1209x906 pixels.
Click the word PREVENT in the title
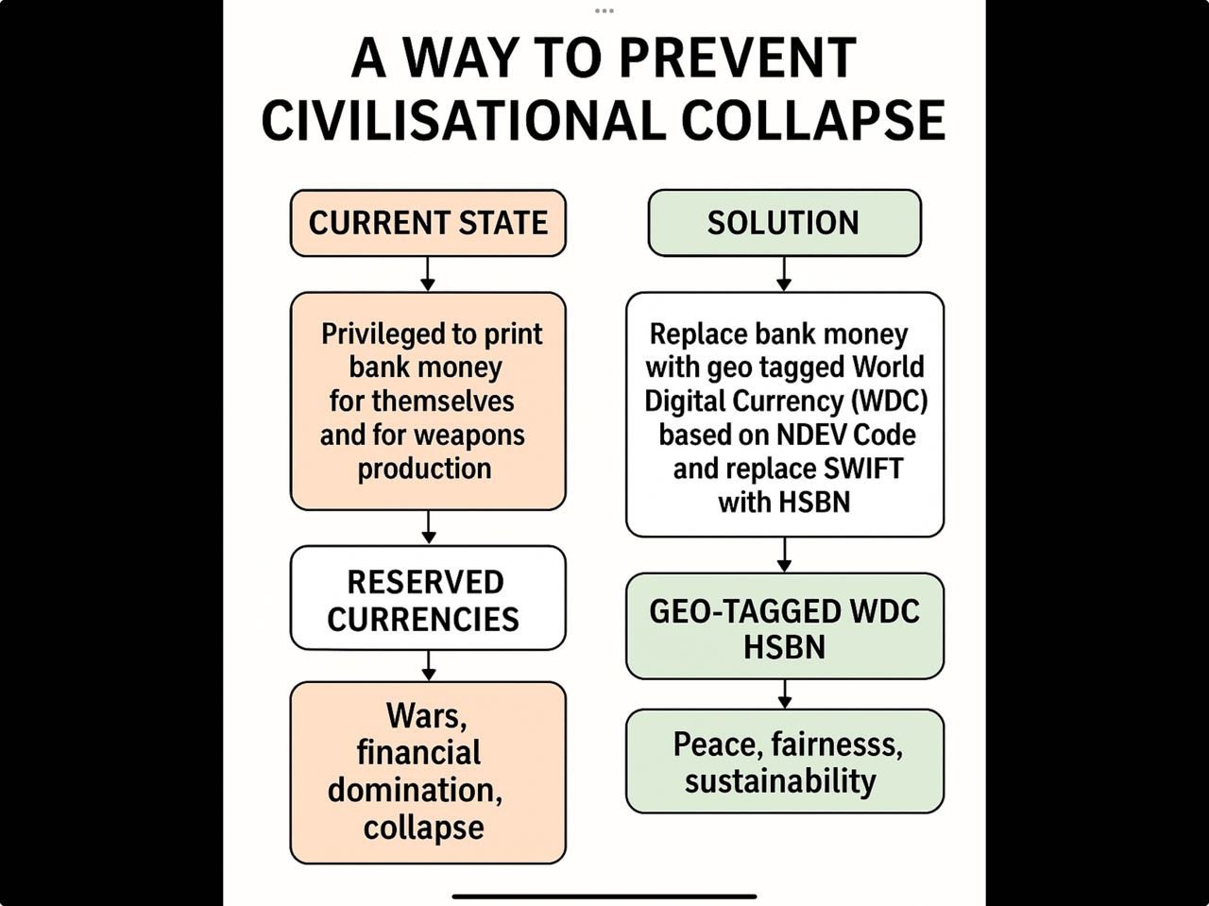738,59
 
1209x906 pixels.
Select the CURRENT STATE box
428,223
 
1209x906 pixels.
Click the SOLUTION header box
784,223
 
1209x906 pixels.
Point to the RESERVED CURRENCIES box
428,598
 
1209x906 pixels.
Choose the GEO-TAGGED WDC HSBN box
785,626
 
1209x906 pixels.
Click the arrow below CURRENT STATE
428,274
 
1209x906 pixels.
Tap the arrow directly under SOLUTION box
784,274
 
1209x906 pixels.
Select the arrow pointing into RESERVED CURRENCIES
429,527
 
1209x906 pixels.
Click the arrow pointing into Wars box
429,666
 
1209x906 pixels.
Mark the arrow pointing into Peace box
785,694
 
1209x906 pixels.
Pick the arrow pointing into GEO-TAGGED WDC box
784,556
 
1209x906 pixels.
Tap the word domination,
415,791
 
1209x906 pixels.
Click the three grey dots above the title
604,11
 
